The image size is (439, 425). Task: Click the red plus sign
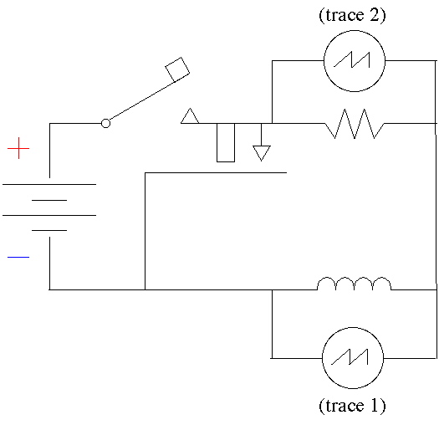pyautogui.click(x=18, y=148)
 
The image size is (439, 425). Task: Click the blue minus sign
pyautogui.click(x=18, y=257)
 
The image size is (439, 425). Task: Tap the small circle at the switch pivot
pyautogui.click(x=105, y=123)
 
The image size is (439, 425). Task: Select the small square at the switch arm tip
pyautogui.click(x=177, y=69)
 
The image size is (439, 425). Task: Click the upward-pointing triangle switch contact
pyautogui.click(x=190, y=116)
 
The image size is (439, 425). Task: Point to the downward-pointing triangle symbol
pyautogui.click(x=262, y=153)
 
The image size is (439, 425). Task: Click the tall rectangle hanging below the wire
pyautogui.click(x=226, y=142)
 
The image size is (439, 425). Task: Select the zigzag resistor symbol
pyautogui.click(x=355, y=124)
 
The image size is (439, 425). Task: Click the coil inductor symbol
pyautogui.click(x=355, y=284)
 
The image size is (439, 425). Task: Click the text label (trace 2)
pyautogui.click(x=352, y=15)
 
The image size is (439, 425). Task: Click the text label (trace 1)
pyautogui.click(x=352, y=405)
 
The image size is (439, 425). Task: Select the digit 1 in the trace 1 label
pyautogui.click(x=375, y=405)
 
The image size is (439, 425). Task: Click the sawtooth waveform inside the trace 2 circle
pyautogui.click(x=352, y=59)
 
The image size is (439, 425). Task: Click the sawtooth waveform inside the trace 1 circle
pyautogui.click(x=350, y=357)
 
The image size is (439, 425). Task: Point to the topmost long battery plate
pyautogui.click(x=49, y=184)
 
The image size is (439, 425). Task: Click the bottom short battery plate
pyautogui.click(x=49, y=230)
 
